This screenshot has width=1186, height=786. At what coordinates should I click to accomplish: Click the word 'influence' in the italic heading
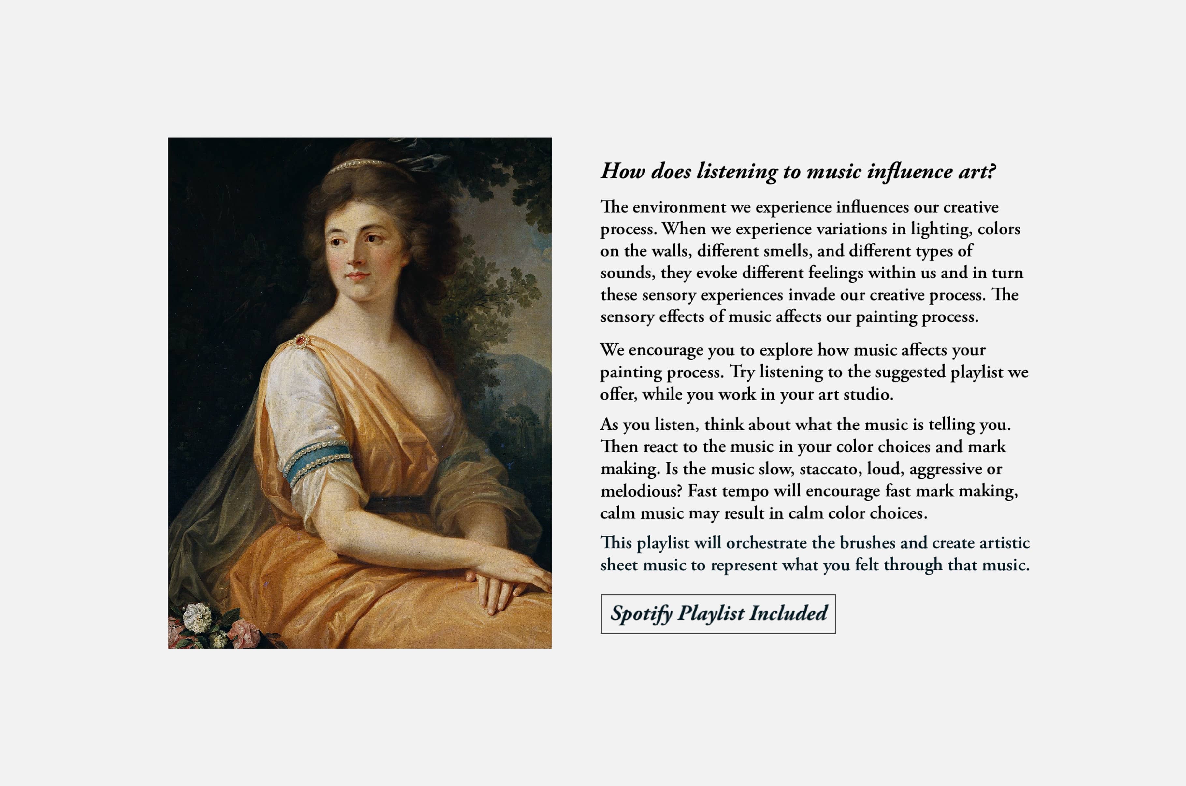[x=909, y=172]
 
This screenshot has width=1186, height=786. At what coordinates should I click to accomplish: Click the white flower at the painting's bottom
[x=197, y=618]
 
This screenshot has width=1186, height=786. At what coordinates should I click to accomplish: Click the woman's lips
[x=357, y=275]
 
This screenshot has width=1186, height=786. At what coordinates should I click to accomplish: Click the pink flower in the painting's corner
[x=244, y=633]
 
